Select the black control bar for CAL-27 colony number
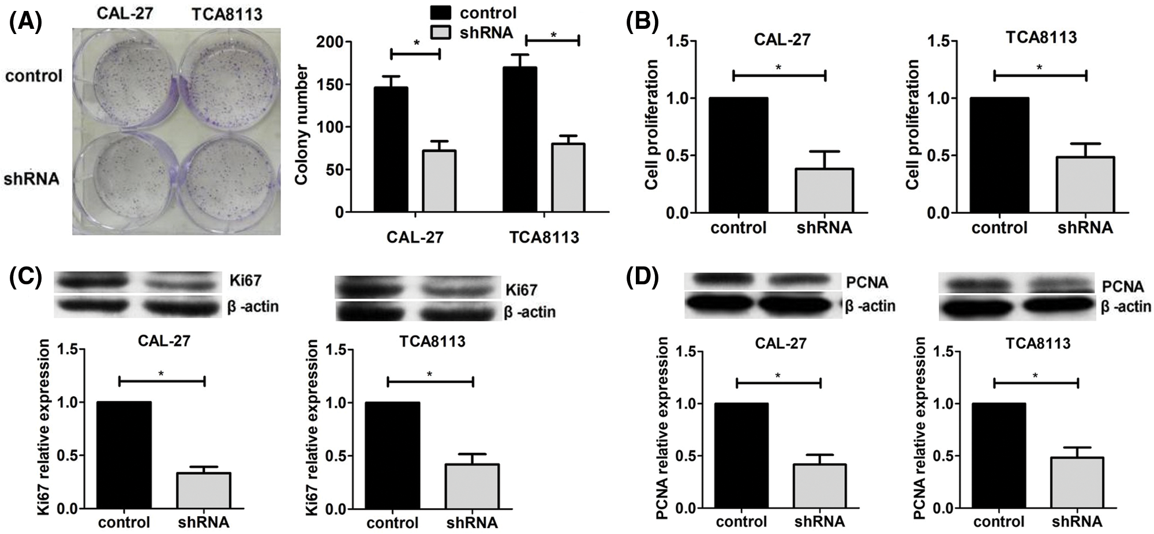click(x=391, y=150)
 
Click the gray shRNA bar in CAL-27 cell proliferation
click(x=824, y=190)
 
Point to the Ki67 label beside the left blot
click(x=243, y=281)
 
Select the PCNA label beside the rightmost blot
click(x=1123, y=287)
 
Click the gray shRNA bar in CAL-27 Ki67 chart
click(x=203, y=491)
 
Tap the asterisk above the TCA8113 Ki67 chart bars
click(x=429, y=374)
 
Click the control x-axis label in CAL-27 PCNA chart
click(x=741, y=522)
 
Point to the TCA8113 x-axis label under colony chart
click(x=544, y=238)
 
